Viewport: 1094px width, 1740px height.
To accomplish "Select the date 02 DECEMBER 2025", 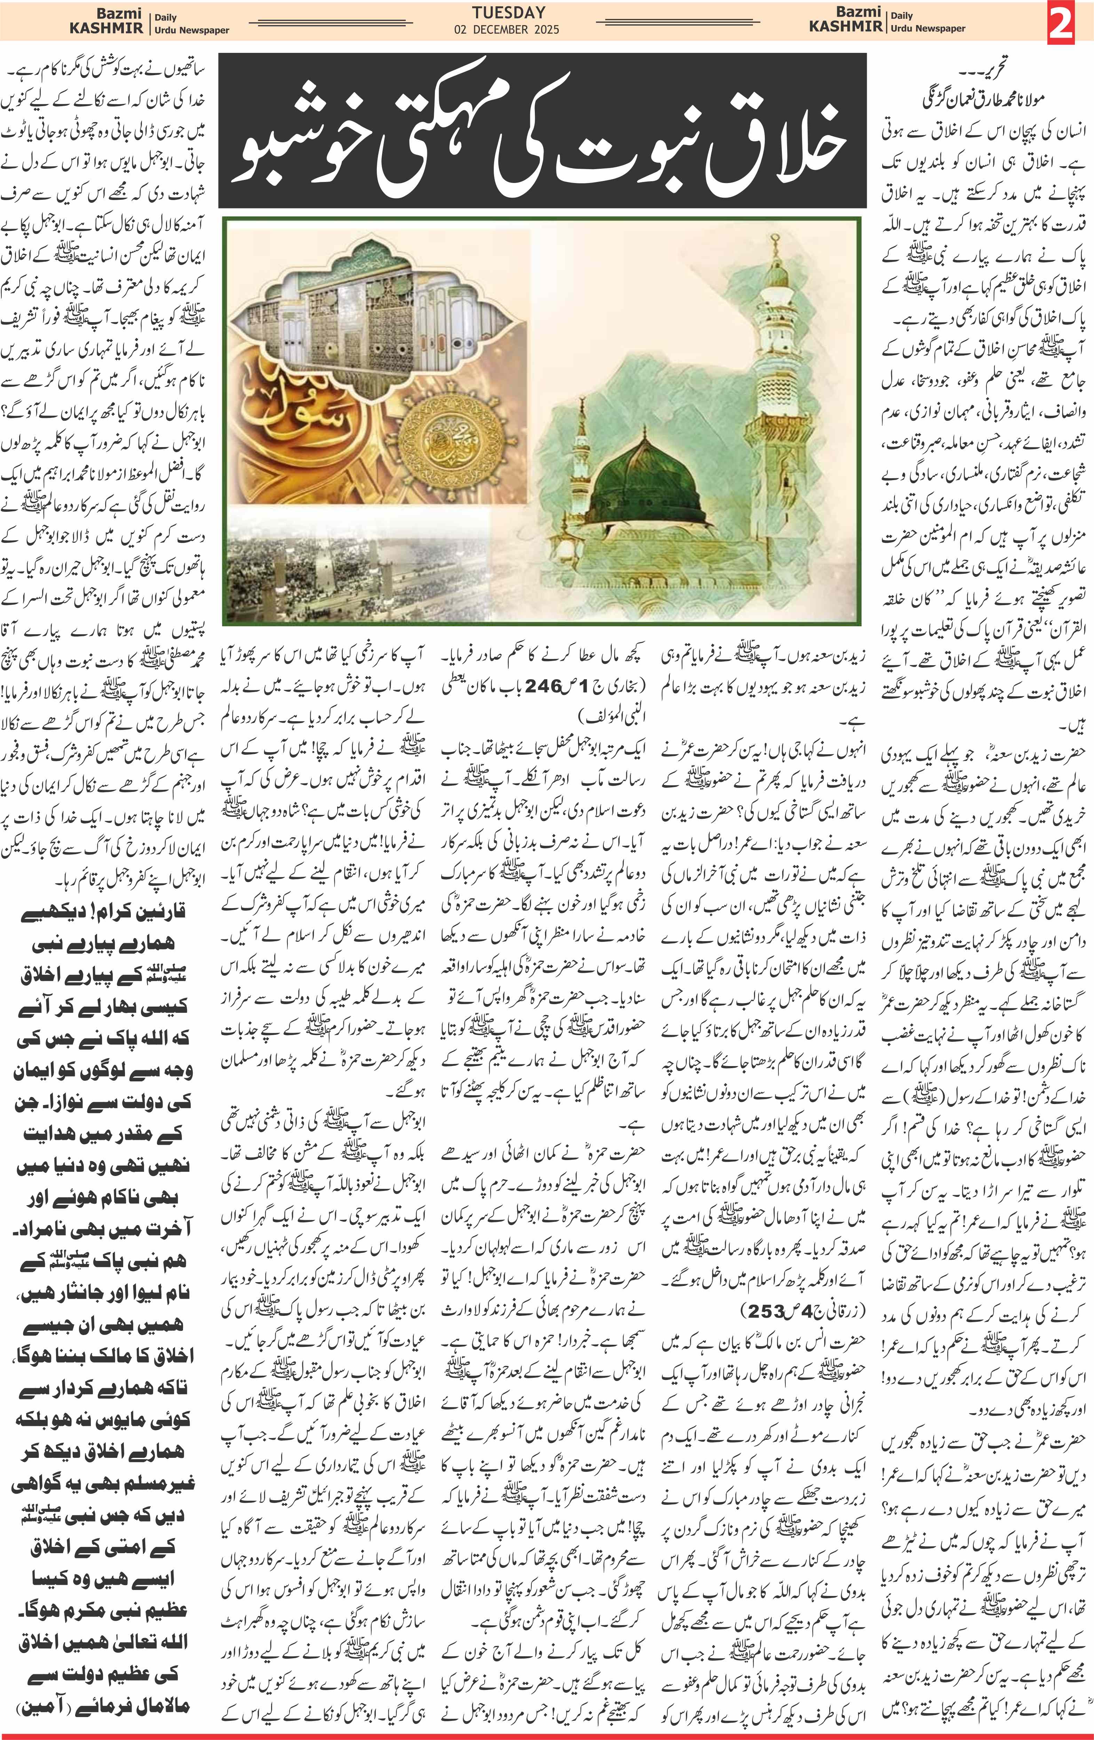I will pos(507,30).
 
